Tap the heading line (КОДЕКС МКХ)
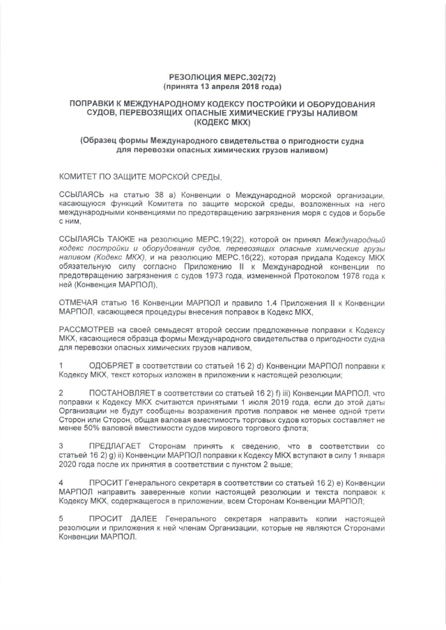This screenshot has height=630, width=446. click(223, 123)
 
